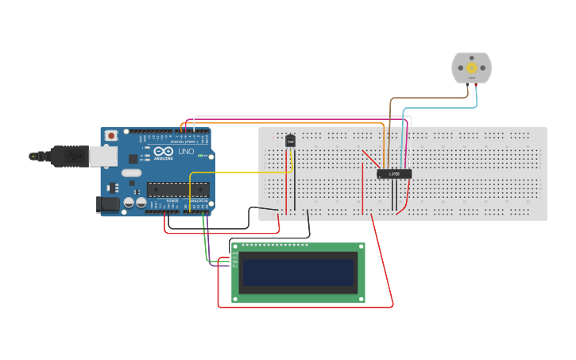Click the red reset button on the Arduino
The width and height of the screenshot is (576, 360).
coord(111,136)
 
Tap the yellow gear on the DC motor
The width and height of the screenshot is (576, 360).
coord(471,68)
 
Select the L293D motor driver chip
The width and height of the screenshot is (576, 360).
coord(394,173)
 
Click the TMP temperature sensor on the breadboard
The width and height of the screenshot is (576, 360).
coord(290,141)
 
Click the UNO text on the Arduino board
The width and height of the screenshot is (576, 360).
coord(184,151)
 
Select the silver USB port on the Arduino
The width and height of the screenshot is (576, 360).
coord(99,157)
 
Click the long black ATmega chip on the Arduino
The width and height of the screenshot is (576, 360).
coord(178,189)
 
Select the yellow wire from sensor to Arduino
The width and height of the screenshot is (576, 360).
coord(238,172)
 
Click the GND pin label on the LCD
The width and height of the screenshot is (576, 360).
coord(235,254)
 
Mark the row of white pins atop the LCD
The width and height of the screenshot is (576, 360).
coord(274,245)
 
